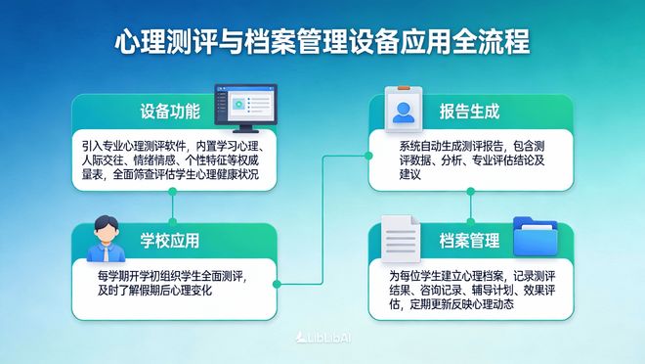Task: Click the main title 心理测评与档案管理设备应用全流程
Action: (x=322, y=43)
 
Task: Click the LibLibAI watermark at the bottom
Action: (x=322, y=338)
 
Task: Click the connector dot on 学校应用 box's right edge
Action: (x=278, y=284)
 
